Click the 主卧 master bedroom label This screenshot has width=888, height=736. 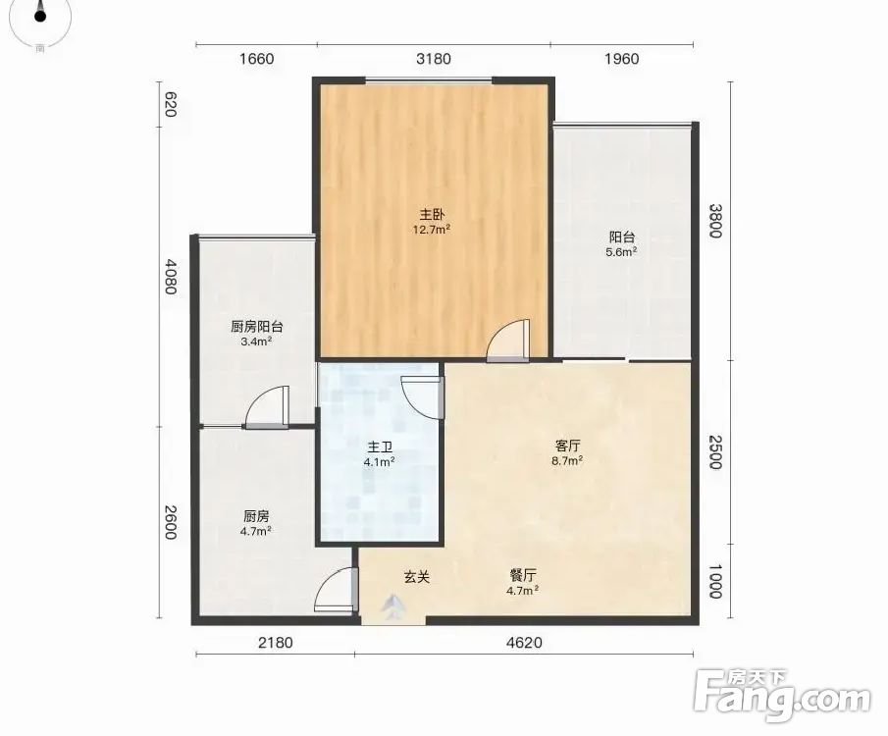click(x=432, y=215)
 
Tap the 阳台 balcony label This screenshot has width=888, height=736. click(x=621, y=237)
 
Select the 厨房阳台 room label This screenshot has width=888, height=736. click(x=256, y=327)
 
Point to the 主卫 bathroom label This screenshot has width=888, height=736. click(x=379, y=447)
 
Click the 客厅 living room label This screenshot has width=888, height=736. click(x=567, y=446)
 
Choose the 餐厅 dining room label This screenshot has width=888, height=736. click(x=522, y=576)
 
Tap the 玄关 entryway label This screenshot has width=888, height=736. click(x=417, y=577)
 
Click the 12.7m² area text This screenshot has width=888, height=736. click(x=432, y=230)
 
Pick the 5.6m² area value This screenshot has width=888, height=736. click(x=621, y=252)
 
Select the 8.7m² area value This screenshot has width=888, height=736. click(x=567, y=460)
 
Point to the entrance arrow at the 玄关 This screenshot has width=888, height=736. click(x=392, y=606)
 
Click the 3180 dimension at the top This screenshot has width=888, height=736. click(x=434, y=59)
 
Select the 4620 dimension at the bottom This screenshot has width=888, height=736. click(x=524, y=643)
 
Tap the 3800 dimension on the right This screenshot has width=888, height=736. click(x=716, y=221)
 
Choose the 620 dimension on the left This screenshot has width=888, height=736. click(x=170, y=104)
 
